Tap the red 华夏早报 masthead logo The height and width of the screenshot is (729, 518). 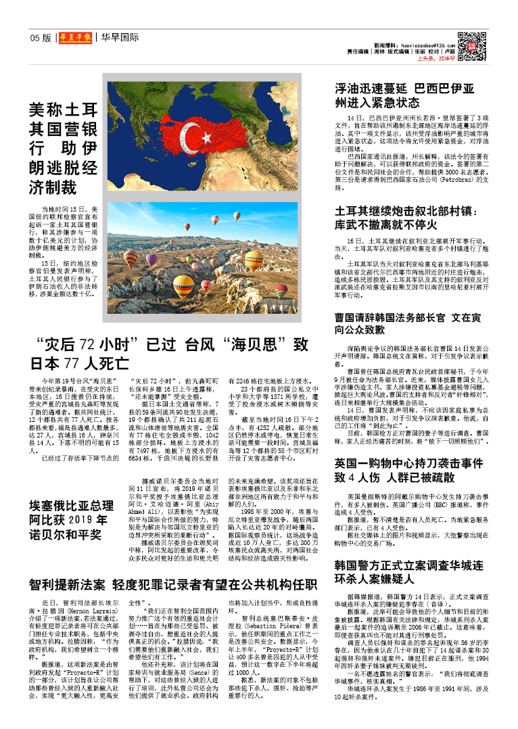pos(74,38)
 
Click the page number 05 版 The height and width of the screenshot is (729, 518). pos(41,38)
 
